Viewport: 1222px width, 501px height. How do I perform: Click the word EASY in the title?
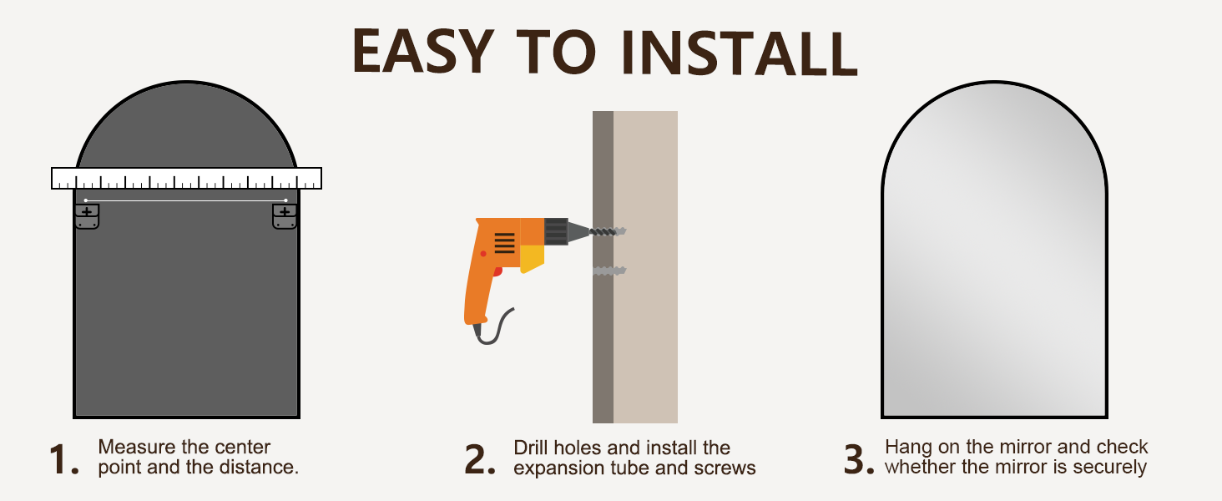coord(423,50)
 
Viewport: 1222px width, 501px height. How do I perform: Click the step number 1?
coord(63,459)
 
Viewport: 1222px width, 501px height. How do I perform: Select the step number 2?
coord(479,459)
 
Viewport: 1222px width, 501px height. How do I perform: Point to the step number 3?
coord(859,459)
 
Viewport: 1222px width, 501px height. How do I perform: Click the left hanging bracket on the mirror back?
coord(87,216)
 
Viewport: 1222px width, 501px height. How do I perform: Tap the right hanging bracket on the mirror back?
coord(285,216)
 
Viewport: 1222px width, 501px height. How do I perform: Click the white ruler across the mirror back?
coord(187,179)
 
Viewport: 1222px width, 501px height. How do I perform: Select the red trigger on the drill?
coord(497,271)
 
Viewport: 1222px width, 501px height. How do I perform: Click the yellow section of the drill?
coord(532,258)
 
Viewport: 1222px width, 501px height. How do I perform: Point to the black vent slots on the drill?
coord(505,243)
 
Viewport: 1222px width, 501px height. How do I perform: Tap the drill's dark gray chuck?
coord(556,231)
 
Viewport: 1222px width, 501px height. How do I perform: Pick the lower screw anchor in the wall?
coord(609,271)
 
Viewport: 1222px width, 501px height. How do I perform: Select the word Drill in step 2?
coord(530,448)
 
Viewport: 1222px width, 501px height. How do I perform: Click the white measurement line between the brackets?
coord(186,200)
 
